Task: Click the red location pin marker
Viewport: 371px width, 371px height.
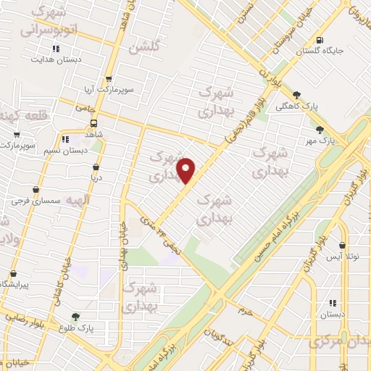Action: click(x=186, y=170)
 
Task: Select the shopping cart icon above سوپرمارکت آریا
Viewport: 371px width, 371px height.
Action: click(x=109, y=79)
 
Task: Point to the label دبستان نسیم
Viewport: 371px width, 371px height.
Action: click(x=64, y=150)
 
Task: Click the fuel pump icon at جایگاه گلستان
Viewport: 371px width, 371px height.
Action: click(x=320, y=40)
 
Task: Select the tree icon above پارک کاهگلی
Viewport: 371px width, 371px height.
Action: click(x=296, y=95)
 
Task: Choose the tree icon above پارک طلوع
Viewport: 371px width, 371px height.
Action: click(x=75, y=317)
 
